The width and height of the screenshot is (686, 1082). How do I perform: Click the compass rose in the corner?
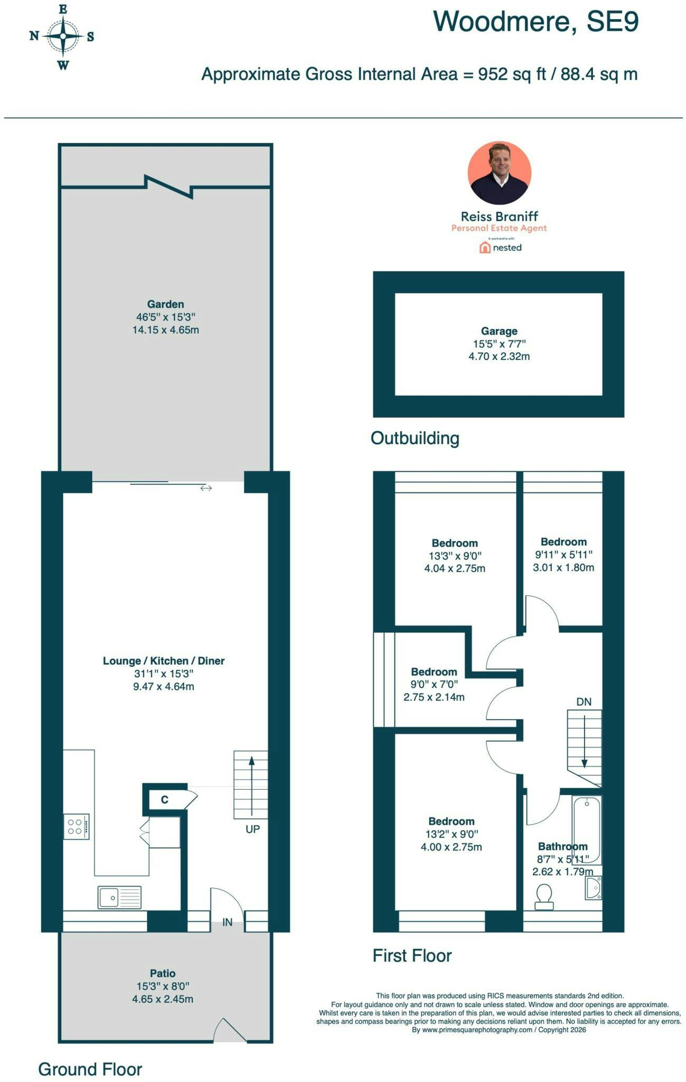coord(62,36)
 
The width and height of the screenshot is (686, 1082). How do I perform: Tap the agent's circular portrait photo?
coord(499,173)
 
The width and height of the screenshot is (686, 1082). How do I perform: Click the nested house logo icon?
coord(485,247)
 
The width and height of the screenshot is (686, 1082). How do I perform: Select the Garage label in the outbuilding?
coord(499,331)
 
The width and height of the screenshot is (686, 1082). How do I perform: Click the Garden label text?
coord(165,304)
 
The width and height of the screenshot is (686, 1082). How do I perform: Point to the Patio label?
coord(162,973)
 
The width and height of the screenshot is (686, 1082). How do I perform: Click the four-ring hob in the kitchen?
coord(76,827)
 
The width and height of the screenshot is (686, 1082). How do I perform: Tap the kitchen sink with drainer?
coord(119,898)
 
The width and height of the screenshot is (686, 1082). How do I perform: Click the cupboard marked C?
coord(165,799)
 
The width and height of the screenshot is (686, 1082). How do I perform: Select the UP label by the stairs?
coord(253,829)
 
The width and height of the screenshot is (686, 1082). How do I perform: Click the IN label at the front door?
coord(227,922)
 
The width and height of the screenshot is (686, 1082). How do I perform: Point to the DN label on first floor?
coord(583,702)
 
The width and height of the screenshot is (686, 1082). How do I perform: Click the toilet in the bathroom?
coord(544,897)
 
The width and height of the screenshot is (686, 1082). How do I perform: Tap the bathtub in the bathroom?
coord(587,830)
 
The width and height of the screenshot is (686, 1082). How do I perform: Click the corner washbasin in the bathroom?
coord(594,888)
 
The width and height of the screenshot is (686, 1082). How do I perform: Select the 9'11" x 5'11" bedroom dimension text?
coord(563,555)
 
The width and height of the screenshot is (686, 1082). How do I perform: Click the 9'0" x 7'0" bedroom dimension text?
coord(434,684)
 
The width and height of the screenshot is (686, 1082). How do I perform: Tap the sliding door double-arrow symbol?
coord(206,488)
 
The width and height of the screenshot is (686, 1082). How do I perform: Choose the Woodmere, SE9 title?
coord(536,22)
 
